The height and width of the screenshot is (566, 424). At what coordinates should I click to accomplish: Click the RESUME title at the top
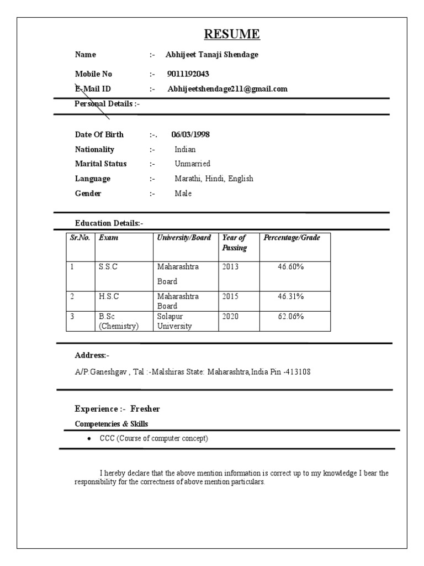[232, 34]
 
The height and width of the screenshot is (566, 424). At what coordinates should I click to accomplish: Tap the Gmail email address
[227, 89]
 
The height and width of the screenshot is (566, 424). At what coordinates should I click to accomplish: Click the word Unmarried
[192, 164]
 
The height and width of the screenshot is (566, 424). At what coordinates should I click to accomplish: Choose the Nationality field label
[94, 150]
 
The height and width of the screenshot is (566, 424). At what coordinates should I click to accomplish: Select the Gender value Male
[183, 194]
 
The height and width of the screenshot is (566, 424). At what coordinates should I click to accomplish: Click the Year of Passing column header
[234, 243]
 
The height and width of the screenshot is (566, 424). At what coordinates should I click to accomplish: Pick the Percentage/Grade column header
[291, 238]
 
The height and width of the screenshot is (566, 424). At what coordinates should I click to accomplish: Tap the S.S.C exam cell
[108, 267]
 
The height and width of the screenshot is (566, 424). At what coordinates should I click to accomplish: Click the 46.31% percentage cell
[290, 297]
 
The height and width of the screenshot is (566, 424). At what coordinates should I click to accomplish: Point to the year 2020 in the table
[231, 317]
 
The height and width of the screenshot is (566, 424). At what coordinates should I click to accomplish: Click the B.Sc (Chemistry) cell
[118, 321]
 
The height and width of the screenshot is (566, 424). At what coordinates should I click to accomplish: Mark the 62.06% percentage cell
[290, 317]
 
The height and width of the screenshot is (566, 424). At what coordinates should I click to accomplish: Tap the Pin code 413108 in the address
[298, 372]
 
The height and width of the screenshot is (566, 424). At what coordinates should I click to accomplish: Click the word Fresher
[145, 409]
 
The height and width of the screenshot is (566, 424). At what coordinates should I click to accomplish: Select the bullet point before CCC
[89, 439]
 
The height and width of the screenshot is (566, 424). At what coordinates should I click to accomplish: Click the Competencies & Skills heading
[111, 424]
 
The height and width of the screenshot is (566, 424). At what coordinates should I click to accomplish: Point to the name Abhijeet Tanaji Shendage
[212, 55]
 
